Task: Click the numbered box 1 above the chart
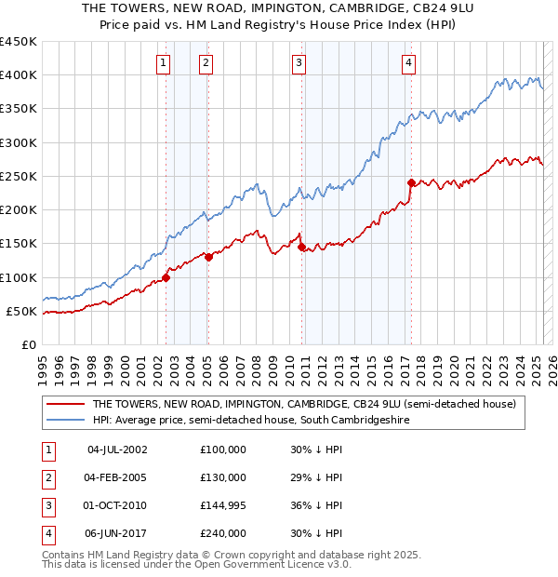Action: pyautogui.click(x=163, y=63)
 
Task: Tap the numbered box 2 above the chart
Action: pyautogui.click(x=206, y=63)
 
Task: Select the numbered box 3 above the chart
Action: pyautogui.click(x=299, y=63)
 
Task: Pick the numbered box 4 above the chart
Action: pyautogui.click(x=408, y=63)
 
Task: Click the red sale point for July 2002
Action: pyautogui.click(x=166, y=277)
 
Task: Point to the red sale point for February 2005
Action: pyautogui.click(x=209, y=258)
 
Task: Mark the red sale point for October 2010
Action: pyautogui.click(x=302, y=248)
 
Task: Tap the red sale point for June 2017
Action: pyautogui.click(x=411, y=182)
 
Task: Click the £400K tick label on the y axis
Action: pyautogui.click(x=18, y=75)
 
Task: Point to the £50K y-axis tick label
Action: pyautogui.click(x=21, y=311)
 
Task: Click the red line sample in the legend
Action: pyautogui.click(x=65, y=404)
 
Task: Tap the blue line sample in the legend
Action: pyautogui.click(x=65, y=421)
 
